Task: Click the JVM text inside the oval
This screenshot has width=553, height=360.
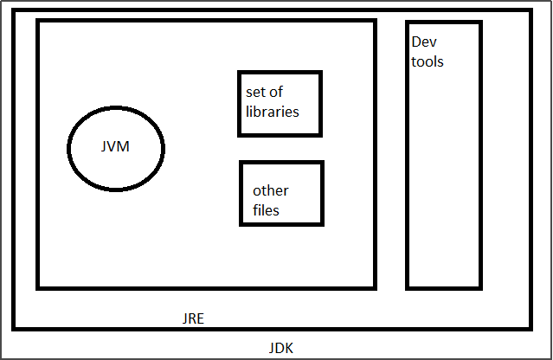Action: click(x=115, y=146)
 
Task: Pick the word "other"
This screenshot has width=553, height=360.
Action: click(x=271, y=190)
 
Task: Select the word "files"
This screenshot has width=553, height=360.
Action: click(x=266, y=209)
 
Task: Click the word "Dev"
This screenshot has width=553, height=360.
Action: click(x=423, y=42)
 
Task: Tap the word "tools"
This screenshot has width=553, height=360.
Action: click(x=428, y=61)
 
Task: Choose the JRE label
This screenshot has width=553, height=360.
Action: click(x=193, y=318)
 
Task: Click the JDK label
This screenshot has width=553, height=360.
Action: click(x=281, y=348)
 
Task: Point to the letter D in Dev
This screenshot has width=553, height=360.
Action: click(x=416, y=42)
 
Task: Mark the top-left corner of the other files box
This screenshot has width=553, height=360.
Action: click(x=241, y=163)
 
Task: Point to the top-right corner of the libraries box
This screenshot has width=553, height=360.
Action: click(x=319, y=74)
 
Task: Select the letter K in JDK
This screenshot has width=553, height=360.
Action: click(x=289, y=348)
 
